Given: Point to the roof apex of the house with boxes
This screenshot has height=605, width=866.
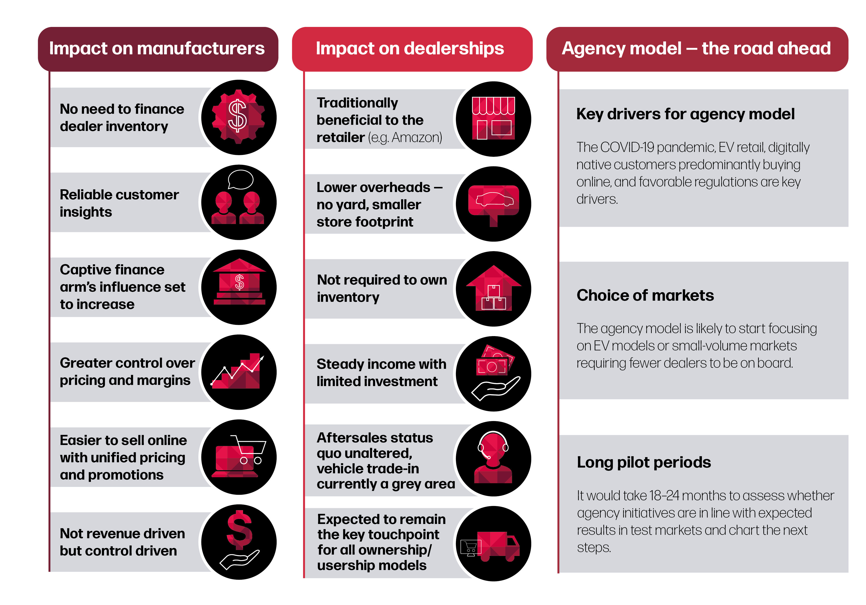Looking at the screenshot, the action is click(x=493, y=266).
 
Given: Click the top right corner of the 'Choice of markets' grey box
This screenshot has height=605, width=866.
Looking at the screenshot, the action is click(x=848, y=262).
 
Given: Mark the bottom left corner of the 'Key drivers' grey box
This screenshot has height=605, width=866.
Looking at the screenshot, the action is click(x=559, y=227).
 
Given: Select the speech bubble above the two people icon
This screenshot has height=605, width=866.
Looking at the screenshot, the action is click(x=241, y=179).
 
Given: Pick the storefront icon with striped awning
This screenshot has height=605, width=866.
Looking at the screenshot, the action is click(x=493, y=118).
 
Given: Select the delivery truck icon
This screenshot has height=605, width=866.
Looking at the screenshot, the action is click(x=490, y=546).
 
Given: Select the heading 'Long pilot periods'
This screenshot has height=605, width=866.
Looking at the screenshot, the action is click(x=644, y=462).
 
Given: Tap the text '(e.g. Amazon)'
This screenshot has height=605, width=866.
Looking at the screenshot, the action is click(x=405, y=138).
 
